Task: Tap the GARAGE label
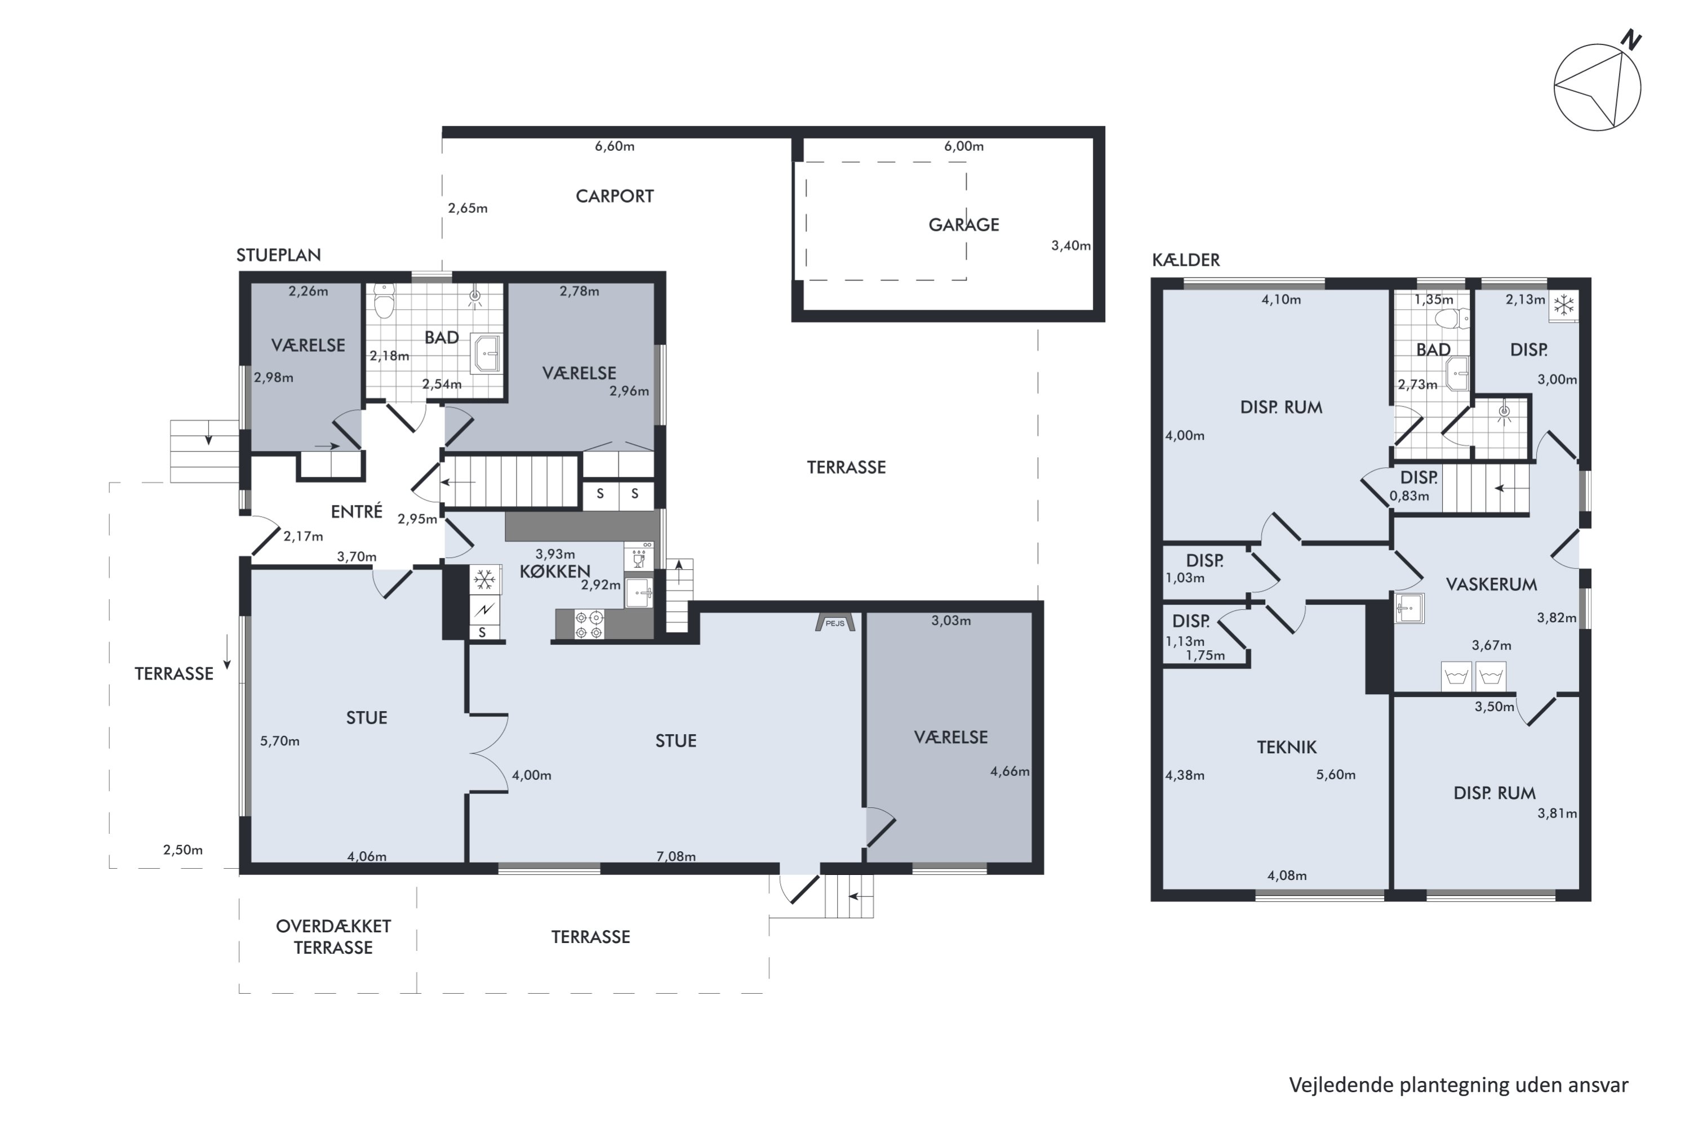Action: click(x=963, y=225)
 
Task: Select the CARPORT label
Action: click(x=615, y=196)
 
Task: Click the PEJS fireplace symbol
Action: click(x=835, y=622)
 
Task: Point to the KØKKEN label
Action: click(x=555, y=571)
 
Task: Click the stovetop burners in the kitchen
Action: click(x=589, y=624)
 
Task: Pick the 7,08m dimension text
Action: click(x=675, y=856)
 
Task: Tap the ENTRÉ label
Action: click(x=357, y=511)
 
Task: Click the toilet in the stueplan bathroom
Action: click(x=384, y=301)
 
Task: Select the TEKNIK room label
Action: click(x=1286, y=747)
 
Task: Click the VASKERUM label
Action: click(x=1491, y=584)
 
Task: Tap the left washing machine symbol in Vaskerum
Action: click(x=1456, y=677)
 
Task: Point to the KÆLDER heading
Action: click(x=1186, y=260)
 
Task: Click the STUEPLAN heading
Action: click(x=279, y=255)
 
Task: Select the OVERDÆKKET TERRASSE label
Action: click(x=333, y=936)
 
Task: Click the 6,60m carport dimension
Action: click(x=615, y=146)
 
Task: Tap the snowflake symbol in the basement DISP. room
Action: click(x=1563, y=305)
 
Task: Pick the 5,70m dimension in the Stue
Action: click(x=279, y=741)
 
